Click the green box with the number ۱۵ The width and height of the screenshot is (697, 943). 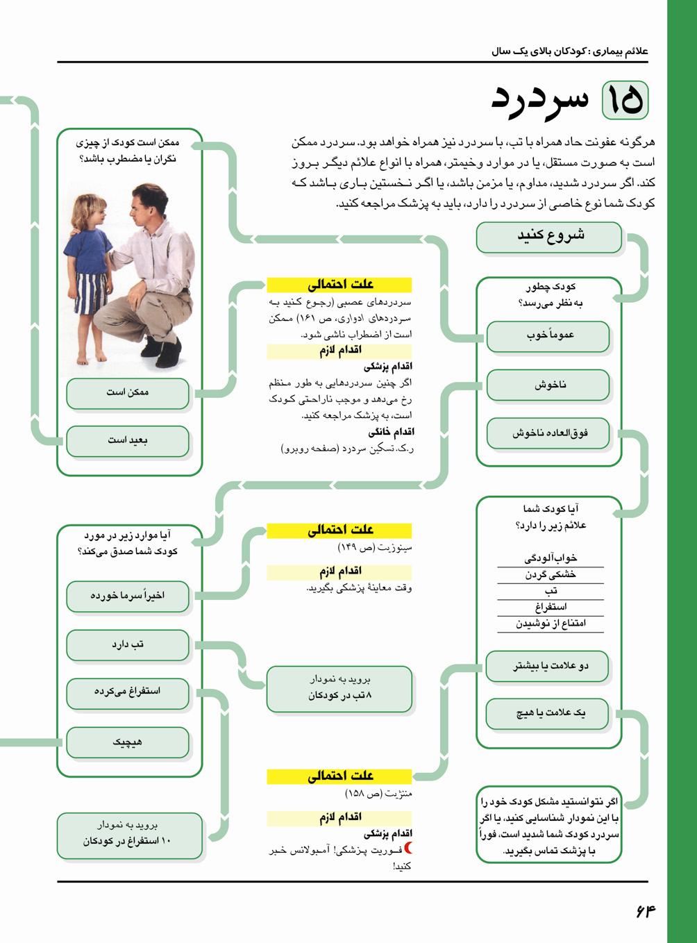click(x=624, y=101)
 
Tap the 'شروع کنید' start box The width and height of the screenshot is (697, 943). click(x=549, y=236)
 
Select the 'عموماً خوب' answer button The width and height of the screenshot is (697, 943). click(x=549, y=336)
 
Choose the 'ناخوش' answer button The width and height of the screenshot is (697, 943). click(x=549, y=385)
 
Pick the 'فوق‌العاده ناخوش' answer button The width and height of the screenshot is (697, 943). click(x=549, y=433)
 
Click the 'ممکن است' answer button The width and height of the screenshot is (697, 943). click(x=128, y=393)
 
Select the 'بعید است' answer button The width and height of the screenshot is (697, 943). click(x=128, y=440)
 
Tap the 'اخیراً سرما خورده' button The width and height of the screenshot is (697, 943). click(x=128, y=596)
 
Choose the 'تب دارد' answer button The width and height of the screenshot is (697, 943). click(x=128, y=645)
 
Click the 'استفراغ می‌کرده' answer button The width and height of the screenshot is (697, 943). click(x=128, y=692)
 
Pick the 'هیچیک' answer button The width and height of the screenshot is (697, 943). click(x=128, y=742)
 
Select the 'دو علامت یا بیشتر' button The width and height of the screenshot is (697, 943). click(x=549, y=667)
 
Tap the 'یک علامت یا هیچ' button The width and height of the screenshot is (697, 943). click(x=549, y=713)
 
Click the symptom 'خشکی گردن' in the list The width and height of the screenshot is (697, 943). click(x=551, y=575)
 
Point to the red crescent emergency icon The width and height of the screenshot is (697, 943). click(x=408, y=849)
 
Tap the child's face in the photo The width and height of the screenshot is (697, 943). click(x=95, y=206)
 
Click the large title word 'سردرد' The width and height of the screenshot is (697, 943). click(x=539, y=101)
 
